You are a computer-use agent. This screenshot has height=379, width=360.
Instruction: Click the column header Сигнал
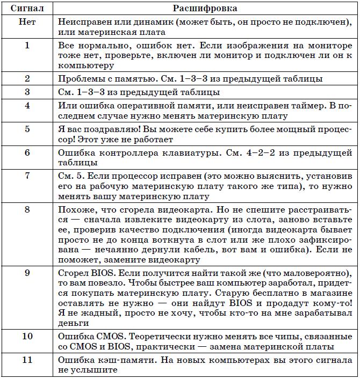click(27, 9)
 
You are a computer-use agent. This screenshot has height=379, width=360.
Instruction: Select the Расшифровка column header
click(205, 9)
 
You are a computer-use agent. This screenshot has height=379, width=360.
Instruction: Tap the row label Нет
click(27, 23)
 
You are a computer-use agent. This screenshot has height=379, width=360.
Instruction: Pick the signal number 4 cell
click(27, 106)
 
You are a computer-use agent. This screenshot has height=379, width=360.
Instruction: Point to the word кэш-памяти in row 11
click(119, 360)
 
